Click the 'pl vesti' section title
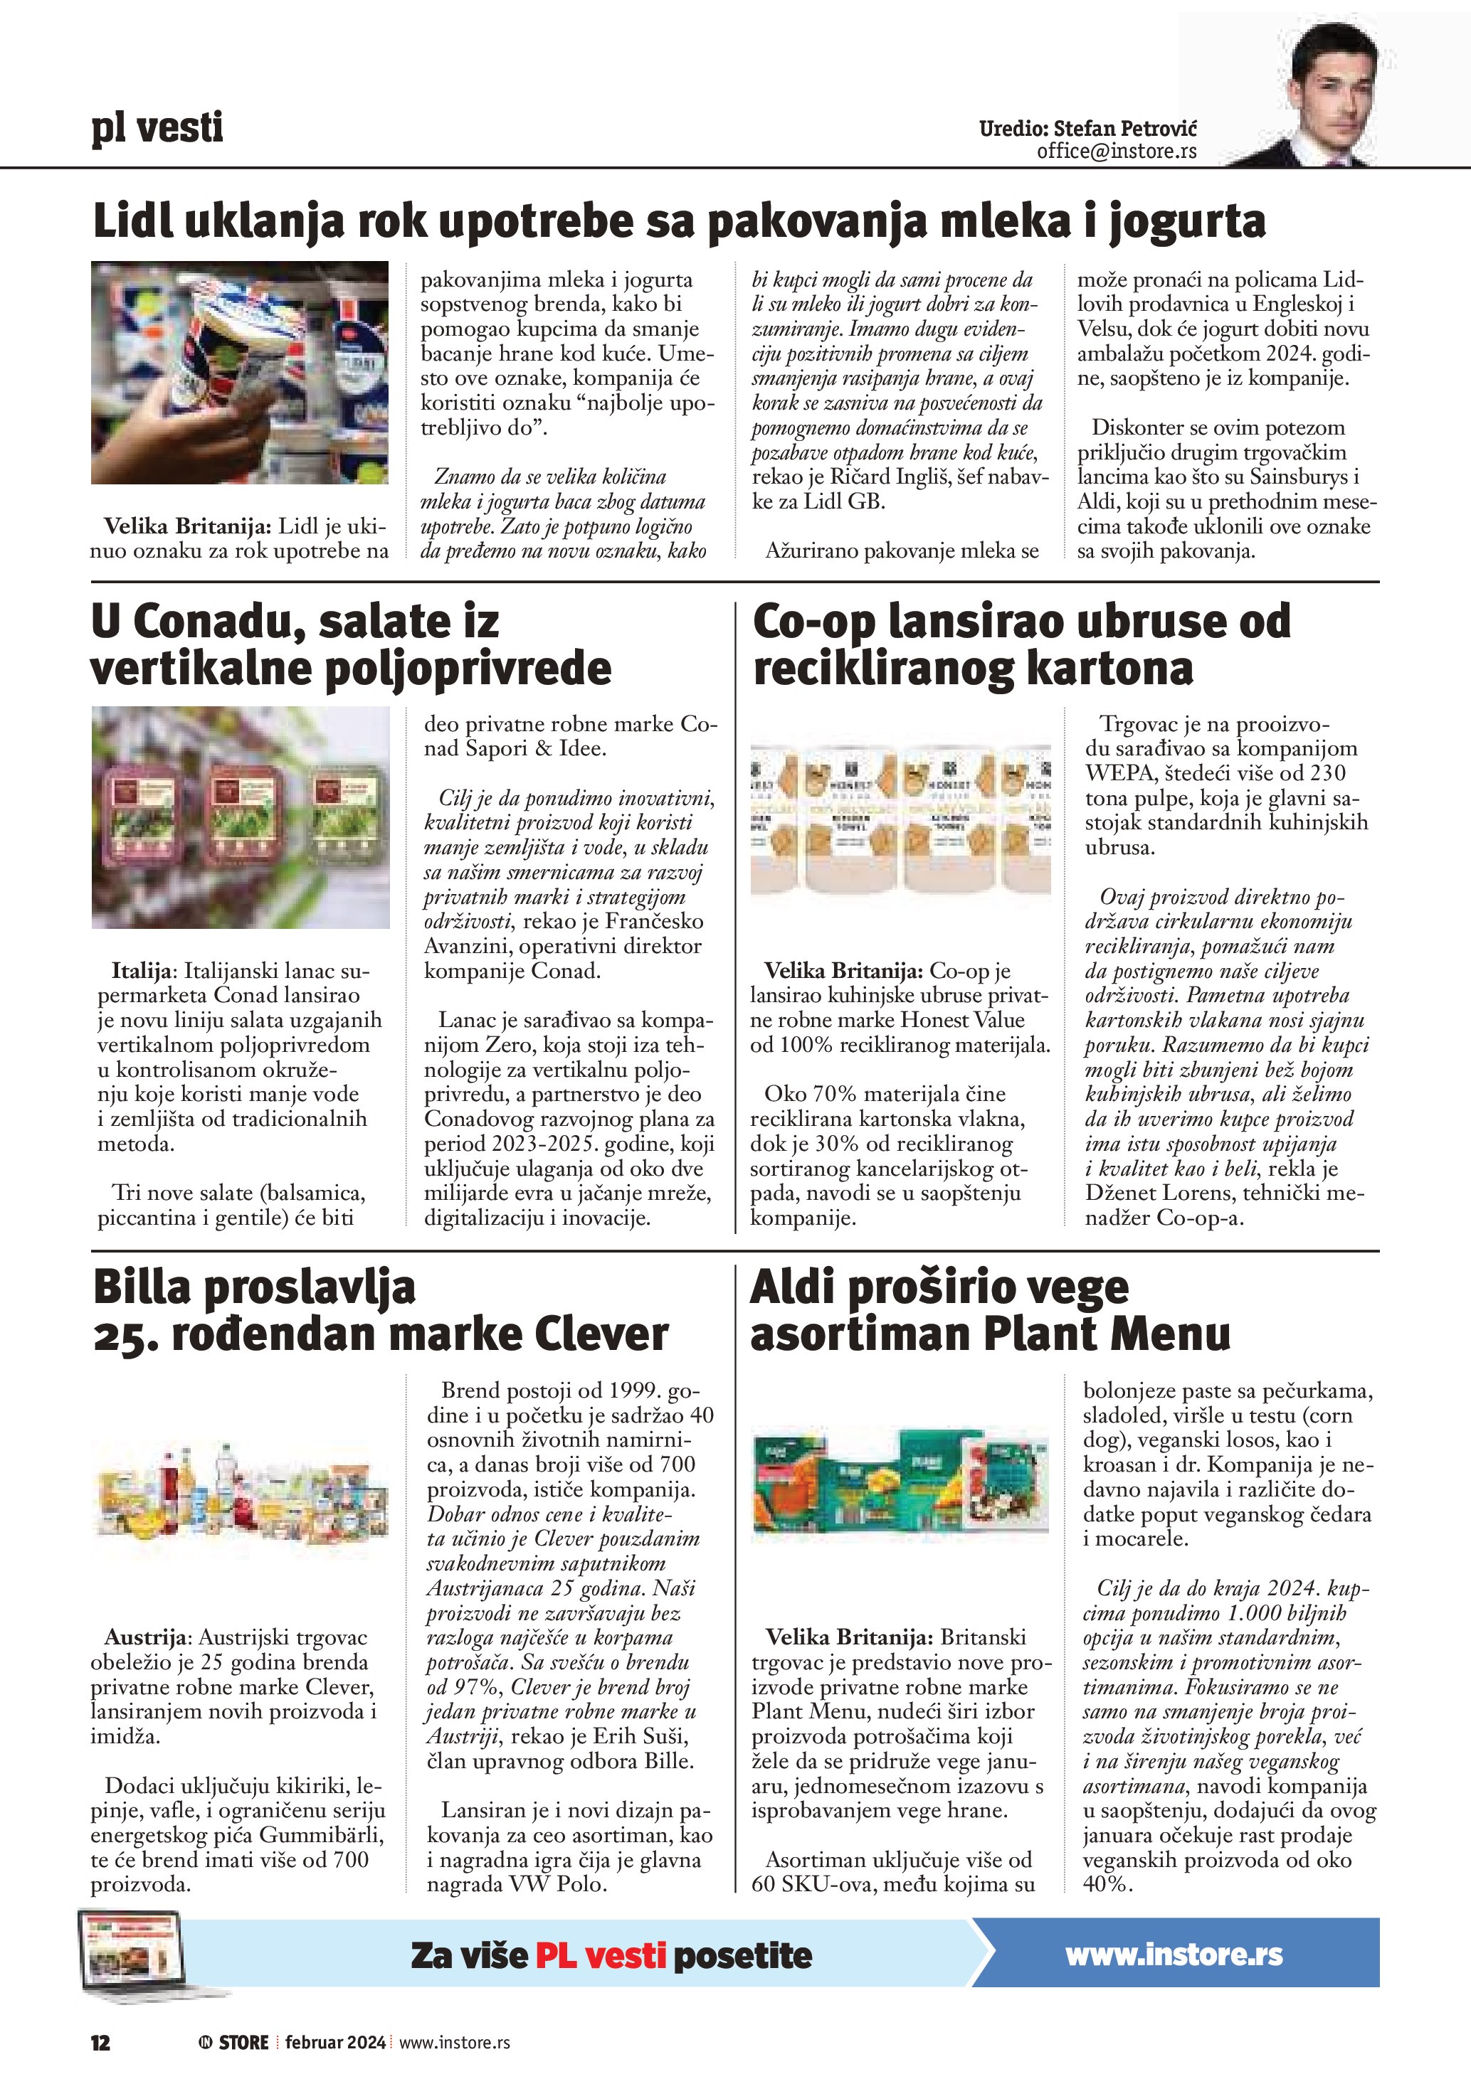(157, 128)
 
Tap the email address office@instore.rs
(1116, 151)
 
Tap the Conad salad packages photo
(240, 817)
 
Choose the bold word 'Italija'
(142, 972)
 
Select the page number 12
(100, 2042)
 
